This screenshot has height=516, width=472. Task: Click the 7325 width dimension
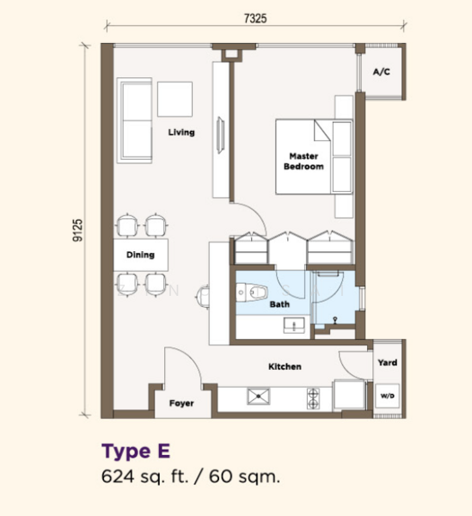coord(255,18)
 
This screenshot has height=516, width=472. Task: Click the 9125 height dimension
coord(77,230)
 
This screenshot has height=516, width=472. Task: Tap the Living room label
coord(181,132)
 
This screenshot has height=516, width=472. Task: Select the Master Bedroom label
coord(303,162)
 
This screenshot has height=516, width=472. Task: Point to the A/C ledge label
coord(382,71)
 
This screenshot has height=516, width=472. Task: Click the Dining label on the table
coord(140,255)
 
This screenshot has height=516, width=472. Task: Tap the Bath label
coord(279,304)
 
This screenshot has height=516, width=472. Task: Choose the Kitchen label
coord(285,366)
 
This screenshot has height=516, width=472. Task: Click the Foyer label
coord(181,403)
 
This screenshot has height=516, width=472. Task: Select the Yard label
coord(388,363)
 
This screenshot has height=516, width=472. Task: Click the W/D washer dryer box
coord(388,396)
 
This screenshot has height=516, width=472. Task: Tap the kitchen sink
coord(259,396)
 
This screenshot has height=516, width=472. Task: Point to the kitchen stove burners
coord(313,398)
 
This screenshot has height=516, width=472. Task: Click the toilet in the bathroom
coord(251,292)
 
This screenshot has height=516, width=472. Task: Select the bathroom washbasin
coord(294,325)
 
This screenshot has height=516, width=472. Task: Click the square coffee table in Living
coord(175,99)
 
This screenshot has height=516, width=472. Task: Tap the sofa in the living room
coord(134,120)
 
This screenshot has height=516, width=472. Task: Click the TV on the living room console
coord(220,135)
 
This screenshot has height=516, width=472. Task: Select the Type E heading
coord(136,451)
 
